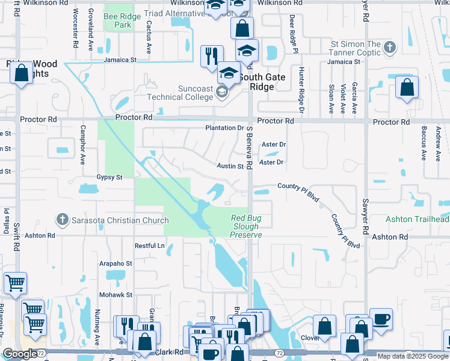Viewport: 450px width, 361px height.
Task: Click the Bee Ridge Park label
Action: tap(117, 16)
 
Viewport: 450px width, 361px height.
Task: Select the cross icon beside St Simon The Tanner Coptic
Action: tap(390, 47)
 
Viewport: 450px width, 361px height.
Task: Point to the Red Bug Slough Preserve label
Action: tap(245, 226)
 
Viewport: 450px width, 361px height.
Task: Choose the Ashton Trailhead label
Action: tap(417, 220)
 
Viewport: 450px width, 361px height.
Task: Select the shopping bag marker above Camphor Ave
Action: tap(21, 74)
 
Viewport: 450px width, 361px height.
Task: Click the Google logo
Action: tap(19, 354)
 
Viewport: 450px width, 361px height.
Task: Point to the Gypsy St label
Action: tap(109, 177)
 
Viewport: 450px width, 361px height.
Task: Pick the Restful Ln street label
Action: tap(149, 246)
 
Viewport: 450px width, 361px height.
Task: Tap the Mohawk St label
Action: tap(116, 295)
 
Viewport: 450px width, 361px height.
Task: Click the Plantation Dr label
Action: tap(224, 128)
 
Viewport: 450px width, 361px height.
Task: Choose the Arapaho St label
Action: tap(116, 264)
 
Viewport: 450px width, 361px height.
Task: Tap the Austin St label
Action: tap(230, 167)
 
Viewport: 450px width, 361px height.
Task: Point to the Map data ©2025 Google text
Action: tap(412, 356)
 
